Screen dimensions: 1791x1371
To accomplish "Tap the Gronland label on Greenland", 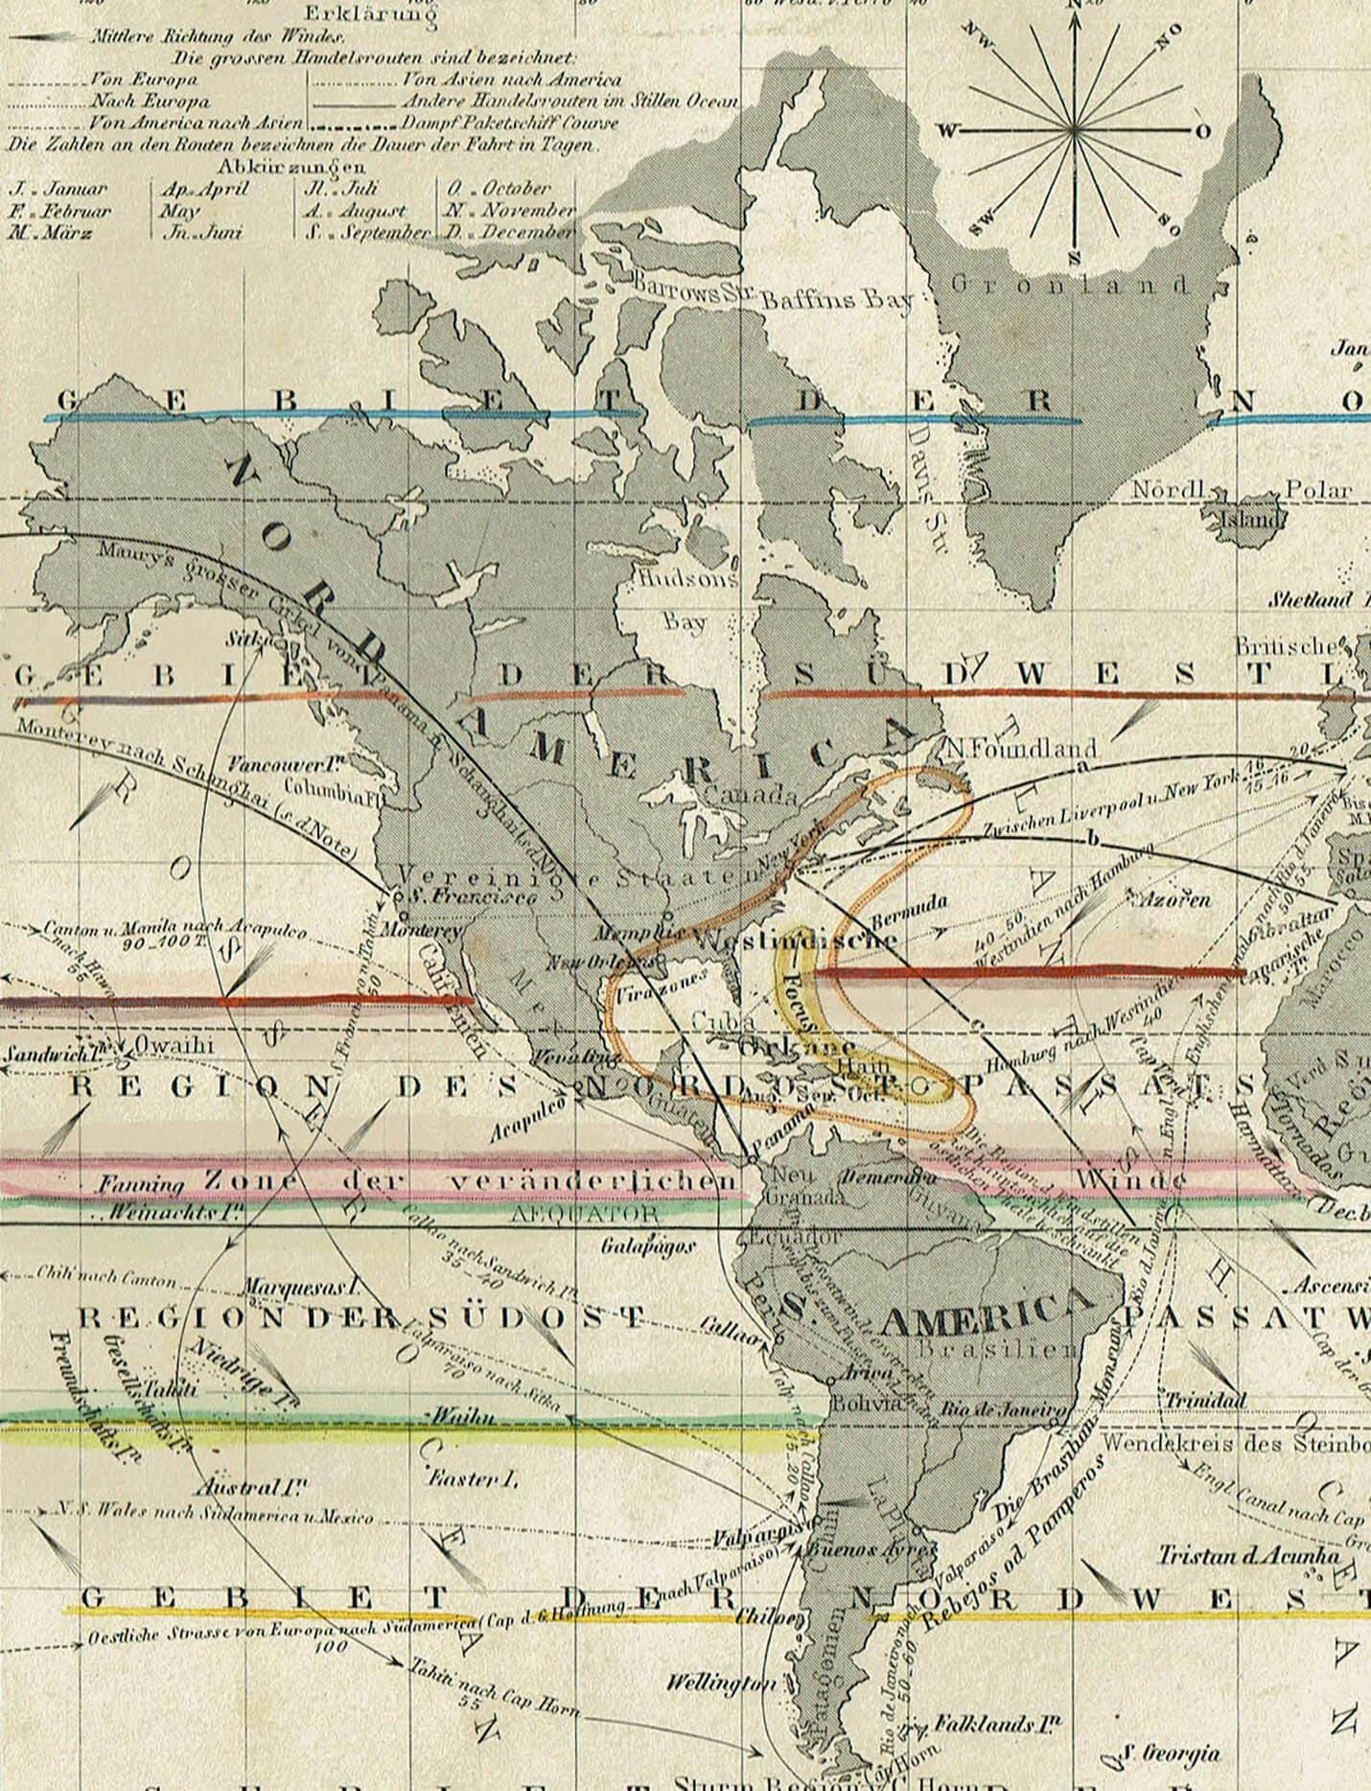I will (x=1071, y=285).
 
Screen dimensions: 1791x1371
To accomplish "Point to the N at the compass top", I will (x=1074, y=7).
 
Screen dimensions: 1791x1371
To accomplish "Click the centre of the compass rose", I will (x=1074, y=130).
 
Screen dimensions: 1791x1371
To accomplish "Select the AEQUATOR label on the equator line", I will (x=587, y=1214).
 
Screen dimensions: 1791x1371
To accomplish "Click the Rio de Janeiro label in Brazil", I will (x=1004, y=1409).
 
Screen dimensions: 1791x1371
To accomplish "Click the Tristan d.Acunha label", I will (x=1247, y=1555).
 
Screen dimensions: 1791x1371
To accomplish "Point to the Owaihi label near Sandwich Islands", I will (x=174, y=1045).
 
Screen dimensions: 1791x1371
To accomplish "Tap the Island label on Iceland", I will (x=1249, y=521).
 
